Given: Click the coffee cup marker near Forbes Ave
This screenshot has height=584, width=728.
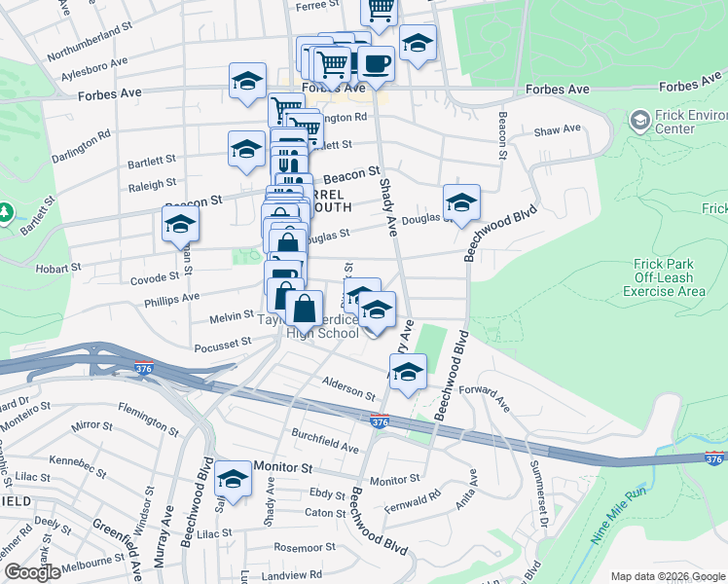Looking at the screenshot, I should (x=376, y=64).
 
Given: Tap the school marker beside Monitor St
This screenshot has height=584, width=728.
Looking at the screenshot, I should (x=233, y=479).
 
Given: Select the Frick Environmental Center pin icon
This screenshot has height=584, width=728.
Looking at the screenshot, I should (x=640, y=121).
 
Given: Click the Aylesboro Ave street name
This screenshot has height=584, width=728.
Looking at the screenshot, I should (x=94, y=67).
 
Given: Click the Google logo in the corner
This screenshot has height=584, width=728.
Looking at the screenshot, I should (x=31, y=572).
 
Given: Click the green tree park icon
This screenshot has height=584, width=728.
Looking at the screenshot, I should (x=5, y=212).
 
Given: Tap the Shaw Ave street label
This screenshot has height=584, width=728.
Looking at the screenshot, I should (x=557, y=129).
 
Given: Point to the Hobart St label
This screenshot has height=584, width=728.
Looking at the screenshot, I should (x=57, y=268).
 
